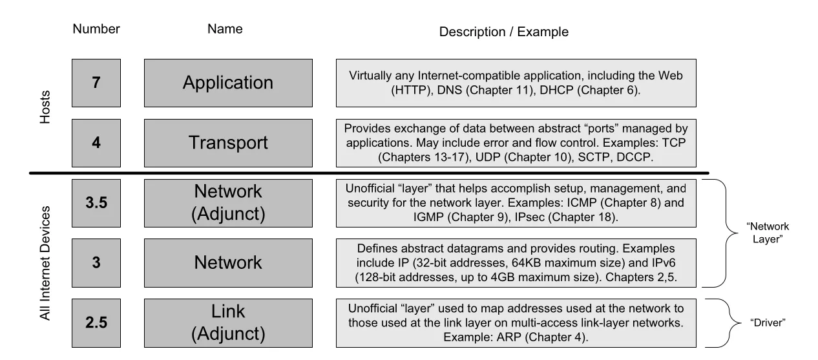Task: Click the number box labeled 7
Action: click(x=96, y=83)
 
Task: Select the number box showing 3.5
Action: click(x=96, y=203)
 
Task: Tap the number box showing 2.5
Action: click(x=96, y=323)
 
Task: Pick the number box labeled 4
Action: click(x=96, y=143)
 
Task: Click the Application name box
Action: click(x=228, y=83)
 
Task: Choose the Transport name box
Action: click(x=228, y=143)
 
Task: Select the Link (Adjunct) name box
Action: click(x=228, y=323)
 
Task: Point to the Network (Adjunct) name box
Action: click(x=228, y=203)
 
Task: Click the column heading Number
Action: click(x=96, y=29)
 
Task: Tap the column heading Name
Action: click(x=225, y=29)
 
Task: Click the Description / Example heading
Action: click(x=503, y=32)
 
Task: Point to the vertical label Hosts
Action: click(x=45, y=107)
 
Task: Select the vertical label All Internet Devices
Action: click(x=45, y=263)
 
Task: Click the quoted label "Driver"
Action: click(x=768, y=323)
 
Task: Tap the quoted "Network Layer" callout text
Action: click(x=768, y=233)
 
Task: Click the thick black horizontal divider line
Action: click(x=369, y=173)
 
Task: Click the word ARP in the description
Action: click(x=509, y=337)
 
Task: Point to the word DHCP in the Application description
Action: click(x=556, y=90)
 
